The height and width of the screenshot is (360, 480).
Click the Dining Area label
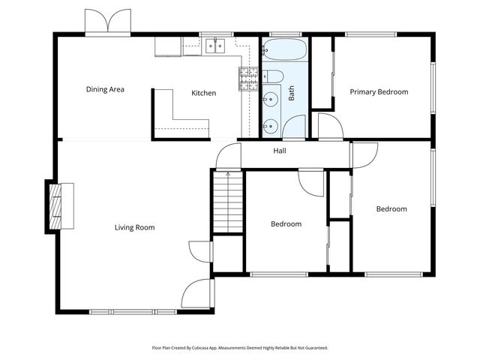click(x=105, y=89)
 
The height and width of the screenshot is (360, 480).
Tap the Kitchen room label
click(x=204, y=93)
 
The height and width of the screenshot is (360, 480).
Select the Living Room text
click(x=135, y=227)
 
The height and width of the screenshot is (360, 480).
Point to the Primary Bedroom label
click(x=379, y=91)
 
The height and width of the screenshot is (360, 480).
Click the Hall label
click(x=280, y=151)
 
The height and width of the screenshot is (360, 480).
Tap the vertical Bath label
click(x=292, y=93)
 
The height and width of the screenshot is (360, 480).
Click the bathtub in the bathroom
click(x=284, y=51)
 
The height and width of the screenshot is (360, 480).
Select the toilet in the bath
click(x=273, y=76)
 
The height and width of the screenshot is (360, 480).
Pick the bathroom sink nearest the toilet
click(x=270, y=99)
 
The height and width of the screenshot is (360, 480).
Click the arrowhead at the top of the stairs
click(x=227, y=174)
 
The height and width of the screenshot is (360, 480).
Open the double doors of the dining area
click(x=109, y=21)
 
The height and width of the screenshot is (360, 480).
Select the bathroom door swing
click(x=295, y=127)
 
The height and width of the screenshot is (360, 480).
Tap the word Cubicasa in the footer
click(x=215, y=348)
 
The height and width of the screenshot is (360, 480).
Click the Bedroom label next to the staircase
click(x=286, y=223)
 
